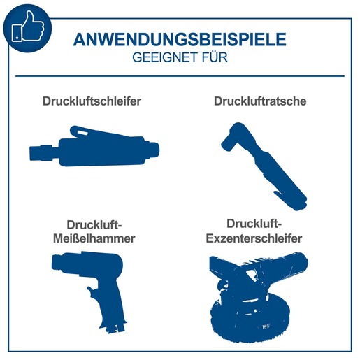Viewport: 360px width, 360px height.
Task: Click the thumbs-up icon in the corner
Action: click(27, 27)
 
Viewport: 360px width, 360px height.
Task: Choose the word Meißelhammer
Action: click(94, 238)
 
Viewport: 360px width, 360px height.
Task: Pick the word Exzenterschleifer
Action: click(254, 238)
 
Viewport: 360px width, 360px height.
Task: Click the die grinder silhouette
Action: click(94, 147)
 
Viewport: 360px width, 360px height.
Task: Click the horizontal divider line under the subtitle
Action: click(180, 75)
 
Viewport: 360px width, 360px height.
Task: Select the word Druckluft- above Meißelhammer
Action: click(94, 224)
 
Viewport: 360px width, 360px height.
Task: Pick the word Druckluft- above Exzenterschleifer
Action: click(254, 224)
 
